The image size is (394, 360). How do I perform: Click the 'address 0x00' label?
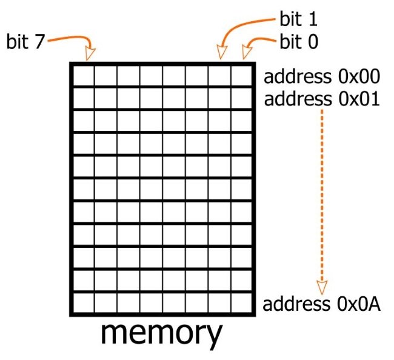point(322,76)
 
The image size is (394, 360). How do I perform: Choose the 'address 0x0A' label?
point(322,304)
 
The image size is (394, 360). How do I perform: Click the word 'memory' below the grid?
point(161,335)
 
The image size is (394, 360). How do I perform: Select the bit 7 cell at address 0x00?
point(84,76)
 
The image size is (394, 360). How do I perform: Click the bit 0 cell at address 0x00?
point(241,76)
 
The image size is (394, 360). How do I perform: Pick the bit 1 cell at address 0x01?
point(219,98)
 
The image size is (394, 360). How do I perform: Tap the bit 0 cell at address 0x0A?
point(241,303)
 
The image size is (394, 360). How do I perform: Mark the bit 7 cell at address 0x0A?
point(84,303)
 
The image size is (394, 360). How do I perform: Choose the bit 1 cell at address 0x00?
point(219,76)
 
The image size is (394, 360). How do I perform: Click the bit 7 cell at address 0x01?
point(84,98)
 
